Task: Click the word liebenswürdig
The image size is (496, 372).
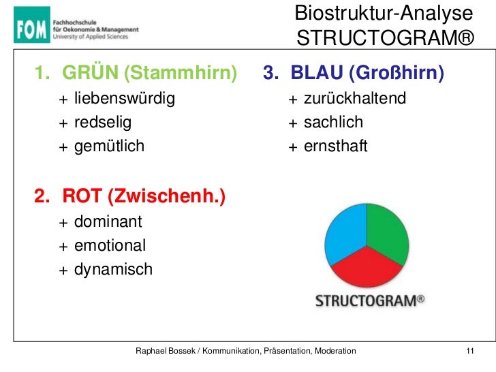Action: click(x=124, y=99)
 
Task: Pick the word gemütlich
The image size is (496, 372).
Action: click(x=109, y=145)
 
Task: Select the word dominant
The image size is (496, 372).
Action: click(x=108, y=222)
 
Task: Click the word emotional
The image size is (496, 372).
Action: click(x=110, y=245)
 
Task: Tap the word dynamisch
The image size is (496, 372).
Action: click(x=113, y=269)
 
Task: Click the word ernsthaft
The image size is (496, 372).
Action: click(x=335, y=145)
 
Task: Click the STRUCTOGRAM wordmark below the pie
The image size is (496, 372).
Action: click(x=369, y=301)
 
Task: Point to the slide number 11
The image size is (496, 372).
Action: click(x=469, y=351)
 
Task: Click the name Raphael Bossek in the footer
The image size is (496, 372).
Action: click(x=166, y=351)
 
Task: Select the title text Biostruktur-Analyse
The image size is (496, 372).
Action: click(x=384, y=13)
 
